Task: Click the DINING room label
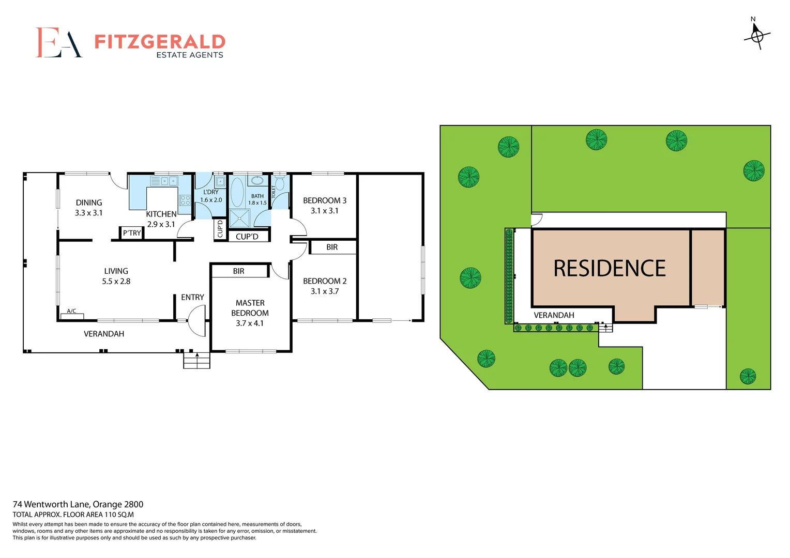(89, 203)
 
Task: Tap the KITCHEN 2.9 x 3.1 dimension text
(161, 224)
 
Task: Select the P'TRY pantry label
(132, 233)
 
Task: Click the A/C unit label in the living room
(71, 311)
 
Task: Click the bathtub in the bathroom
(237, 192)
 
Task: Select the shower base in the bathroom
(239, 218)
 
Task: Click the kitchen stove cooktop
(185, 200)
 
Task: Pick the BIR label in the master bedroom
(238, 271)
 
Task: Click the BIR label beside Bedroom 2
(332, 247)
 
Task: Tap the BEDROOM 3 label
(325, 200)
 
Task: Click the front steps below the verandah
(196, 360)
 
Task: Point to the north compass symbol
(757, 36)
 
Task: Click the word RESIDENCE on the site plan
(610, 269)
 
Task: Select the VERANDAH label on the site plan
(554, 315)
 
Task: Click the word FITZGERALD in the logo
(160, 41)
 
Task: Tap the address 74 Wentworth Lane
(78, 504)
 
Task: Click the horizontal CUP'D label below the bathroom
(247, 237)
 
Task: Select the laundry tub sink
(220, 181)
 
